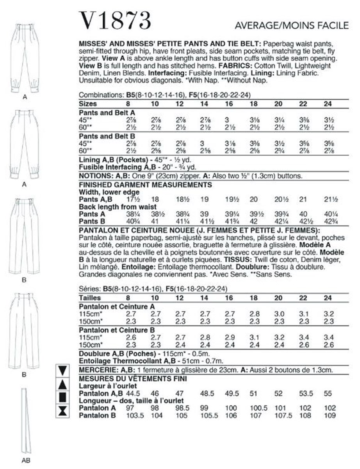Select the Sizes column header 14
(204, 105)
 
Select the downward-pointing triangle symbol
(63, 370)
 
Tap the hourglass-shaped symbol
(63, 410)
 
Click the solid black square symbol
(63, 397)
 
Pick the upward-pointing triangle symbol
(63, 383)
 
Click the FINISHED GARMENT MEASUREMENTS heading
(145, 184)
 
